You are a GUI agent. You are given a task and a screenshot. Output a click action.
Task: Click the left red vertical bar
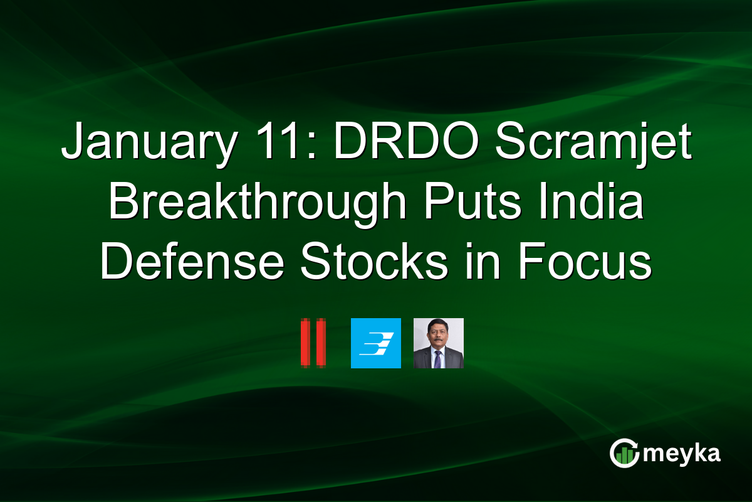coord(305,343)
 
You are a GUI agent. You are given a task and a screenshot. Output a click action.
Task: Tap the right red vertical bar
coord(321,343)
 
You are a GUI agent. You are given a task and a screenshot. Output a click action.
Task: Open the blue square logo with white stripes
coord(375,343)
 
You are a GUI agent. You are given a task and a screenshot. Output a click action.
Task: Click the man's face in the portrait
coord(438,335)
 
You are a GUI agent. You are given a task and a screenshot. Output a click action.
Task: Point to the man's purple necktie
coord(438,359)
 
